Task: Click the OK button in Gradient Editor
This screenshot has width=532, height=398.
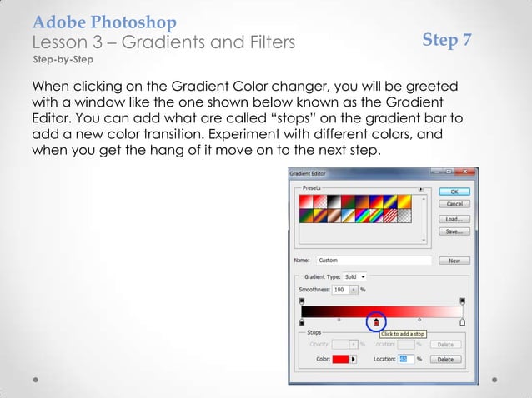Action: point(454,191)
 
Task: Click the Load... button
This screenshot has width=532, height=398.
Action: point(454,218)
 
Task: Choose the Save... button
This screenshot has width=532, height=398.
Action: point(454,231)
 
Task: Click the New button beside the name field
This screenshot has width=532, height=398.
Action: point(454,261)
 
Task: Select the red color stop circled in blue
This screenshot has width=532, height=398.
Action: point(376,322)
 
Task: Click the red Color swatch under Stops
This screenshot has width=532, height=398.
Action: point(340,359)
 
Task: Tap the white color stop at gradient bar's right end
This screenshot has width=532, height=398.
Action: point(463,321)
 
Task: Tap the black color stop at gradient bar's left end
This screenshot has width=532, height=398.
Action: point(302,321)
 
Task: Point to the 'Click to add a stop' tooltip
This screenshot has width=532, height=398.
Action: point(404,334)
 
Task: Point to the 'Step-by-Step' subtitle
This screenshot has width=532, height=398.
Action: point(62,62)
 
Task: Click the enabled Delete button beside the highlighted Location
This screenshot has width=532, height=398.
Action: point(445,359)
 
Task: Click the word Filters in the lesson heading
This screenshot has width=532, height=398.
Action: point(258,41)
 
